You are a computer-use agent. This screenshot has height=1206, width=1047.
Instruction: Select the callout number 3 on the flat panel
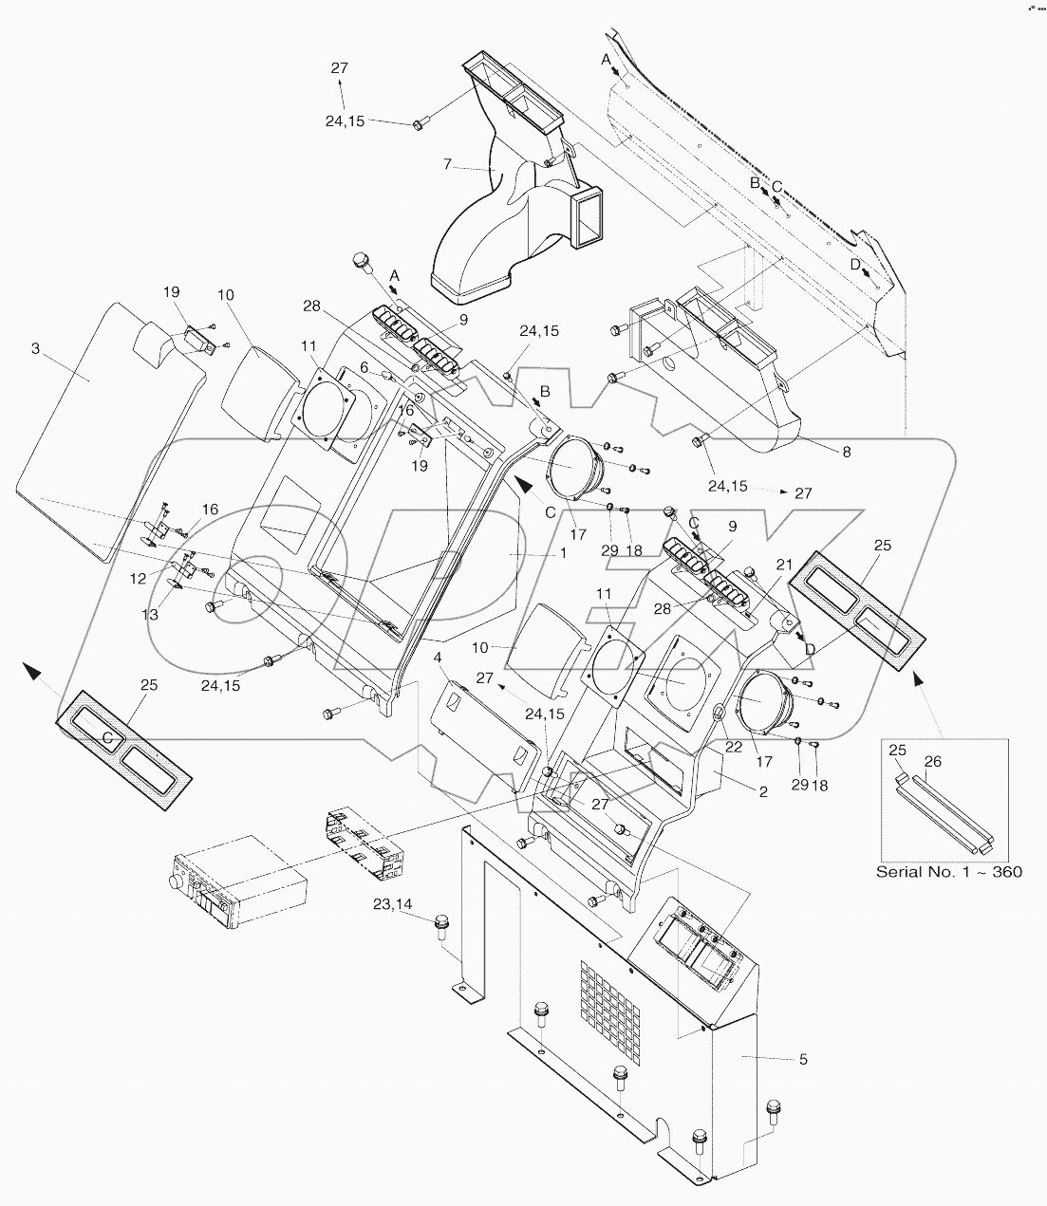(x=35, y=349)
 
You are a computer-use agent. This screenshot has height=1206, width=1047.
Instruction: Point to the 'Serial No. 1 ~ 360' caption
(x=948, y=871)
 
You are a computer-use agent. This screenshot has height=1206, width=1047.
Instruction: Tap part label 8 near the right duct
(x=846, y=453)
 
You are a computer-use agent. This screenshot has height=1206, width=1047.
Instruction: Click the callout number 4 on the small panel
(x=438, y=657)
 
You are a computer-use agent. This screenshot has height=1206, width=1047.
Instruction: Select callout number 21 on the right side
(x=784, y=565)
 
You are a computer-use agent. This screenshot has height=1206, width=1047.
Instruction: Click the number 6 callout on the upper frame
(x=364, y=366)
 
